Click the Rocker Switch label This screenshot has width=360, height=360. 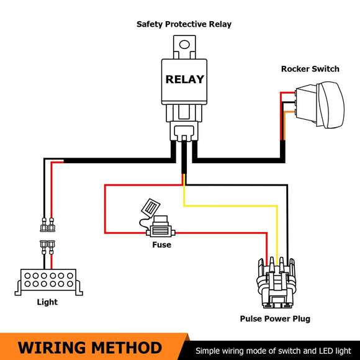[310, 69]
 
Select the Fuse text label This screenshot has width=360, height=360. [161, 245]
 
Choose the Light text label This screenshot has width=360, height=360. [47, 302]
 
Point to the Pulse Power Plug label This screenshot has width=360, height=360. [275, 319]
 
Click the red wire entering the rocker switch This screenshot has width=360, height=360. [287, 93]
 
